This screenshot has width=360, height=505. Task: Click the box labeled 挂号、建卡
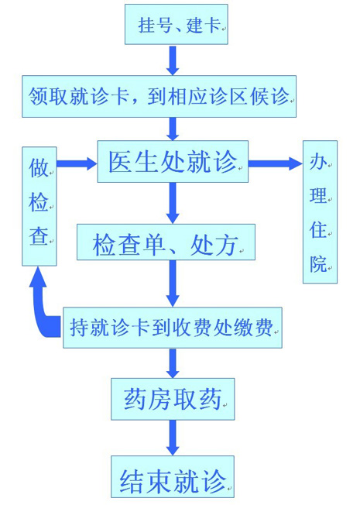[177, 24]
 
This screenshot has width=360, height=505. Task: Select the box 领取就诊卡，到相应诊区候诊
[159, 96]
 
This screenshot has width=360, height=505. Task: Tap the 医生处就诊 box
[173, 161]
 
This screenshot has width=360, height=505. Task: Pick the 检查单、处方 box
[166, 242]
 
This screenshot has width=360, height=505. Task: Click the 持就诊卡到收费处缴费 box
[173, 328]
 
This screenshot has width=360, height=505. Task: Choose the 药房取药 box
[173, 399]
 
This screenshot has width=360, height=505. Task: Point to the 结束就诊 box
[173, 476]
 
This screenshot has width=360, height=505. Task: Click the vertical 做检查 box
[39, 207]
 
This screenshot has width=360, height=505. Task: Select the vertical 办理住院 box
[320, 212]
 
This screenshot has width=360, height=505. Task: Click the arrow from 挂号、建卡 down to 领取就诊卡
[173, 60]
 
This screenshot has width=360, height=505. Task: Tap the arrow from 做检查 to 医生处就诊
[77, 163]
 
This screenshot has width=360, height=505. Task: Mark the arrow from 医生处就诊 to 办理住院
[276, 163]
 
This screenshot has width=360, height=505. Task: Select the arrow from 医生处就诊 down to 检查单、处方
[173, 203]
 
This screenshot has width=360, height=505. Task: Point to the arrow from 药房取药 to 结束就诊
[173, 438]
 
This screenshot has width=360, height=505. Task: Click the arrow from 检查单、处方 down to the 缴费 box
[173, 283]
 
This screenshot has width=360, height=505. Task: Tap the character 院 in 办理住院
[318, 264]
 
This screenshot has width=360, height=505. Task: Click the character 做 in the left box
[38, 167]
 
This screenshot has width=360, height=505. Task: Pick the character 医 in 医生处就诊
[119, 162]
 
